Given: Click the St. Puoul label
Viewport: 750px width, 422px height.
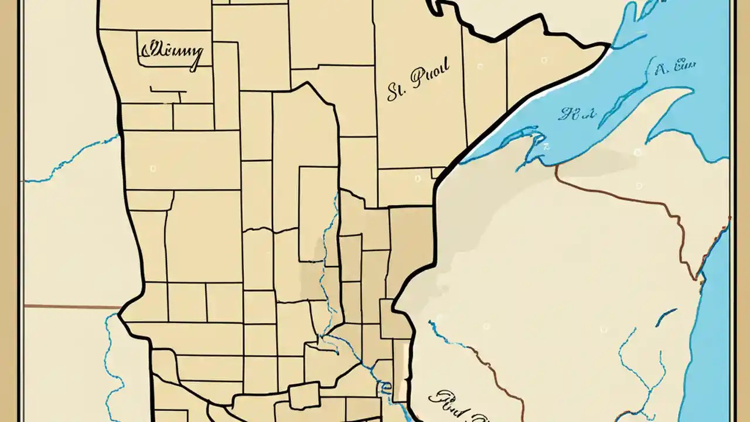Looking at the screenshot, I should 418,83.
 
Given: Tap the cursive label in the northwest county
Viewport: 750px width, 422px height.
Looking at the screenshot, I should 171,52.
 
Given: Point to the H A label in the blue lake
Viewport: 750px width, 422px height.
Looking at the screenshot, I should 577,114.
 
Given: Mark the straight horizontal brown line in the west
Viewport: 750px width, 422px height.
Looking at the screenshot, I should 70,306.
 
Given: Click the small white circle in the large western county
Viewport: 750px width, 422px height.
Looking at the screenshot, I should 153,169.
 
